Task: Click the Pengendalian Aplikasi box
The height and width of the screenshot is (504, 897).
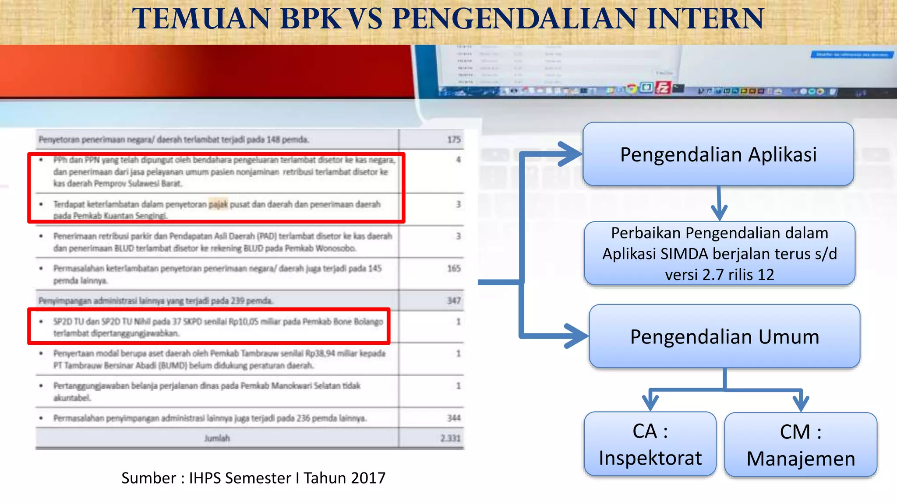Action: (x=718, y=154)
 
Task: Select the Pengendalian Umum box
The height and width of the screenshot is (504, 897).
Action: (x=724, y=336)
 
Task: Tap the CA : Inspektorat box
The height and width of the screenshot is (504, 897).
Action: (x=650, y=444)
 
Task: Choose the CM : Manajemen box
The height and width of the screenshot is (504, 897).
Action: (x=801, y=444)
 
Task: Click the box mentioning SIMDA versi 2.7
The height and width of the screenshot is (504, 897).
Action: (x=720, y=254)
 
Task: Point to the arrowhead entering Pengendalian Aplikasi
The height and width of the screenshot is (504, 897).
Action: (x=572, y=154)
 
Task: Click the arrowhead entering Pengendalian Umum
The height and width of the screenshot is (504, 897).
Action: (x=577, y=336)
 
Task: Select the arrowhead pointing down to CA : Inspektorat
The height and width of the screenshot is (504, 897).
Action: (x=650, y=401)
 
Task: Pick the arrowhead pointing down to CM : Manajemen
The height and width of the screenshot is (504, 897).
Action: (x=801, y=402)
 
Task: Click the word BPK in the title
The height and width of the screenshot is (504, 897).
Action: (x=311, y=19)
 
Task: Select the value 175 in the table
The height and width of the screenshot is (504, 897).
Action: (x=454, y=140)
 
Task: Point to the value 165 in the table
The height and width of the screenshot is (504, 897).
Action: (x=454, y=268)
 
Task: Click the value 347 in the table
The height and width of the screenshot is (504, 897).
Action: (x=454, y=301)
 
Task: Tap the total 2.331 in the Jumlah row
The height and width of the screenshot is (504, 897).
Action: (x=451, y=438)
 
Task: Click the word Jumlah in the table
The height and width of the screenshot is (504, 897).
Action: (x=217, y=438)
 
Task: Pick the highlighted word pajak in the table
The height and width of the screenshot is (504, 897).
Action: (x=218, y=204)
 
